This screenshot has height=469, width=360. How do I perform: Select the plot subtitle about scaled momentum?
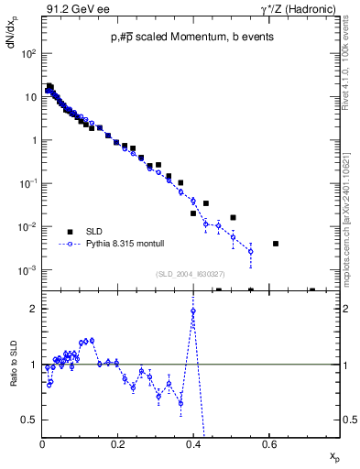[191, 37]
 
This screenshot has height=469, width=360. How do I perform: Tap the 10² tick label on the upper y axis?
[28, 54]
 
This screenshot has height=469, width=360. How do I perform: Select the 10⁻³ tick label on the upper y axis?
[28, 270]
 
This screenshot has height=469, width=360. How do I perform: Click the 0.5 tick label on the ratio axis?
[30, 420]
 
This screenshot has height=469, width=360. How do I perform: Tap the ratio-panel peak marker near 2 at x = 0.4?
[193, 311]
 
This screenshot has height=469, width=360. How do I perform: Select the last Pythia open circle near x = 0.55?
[250, 251]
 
